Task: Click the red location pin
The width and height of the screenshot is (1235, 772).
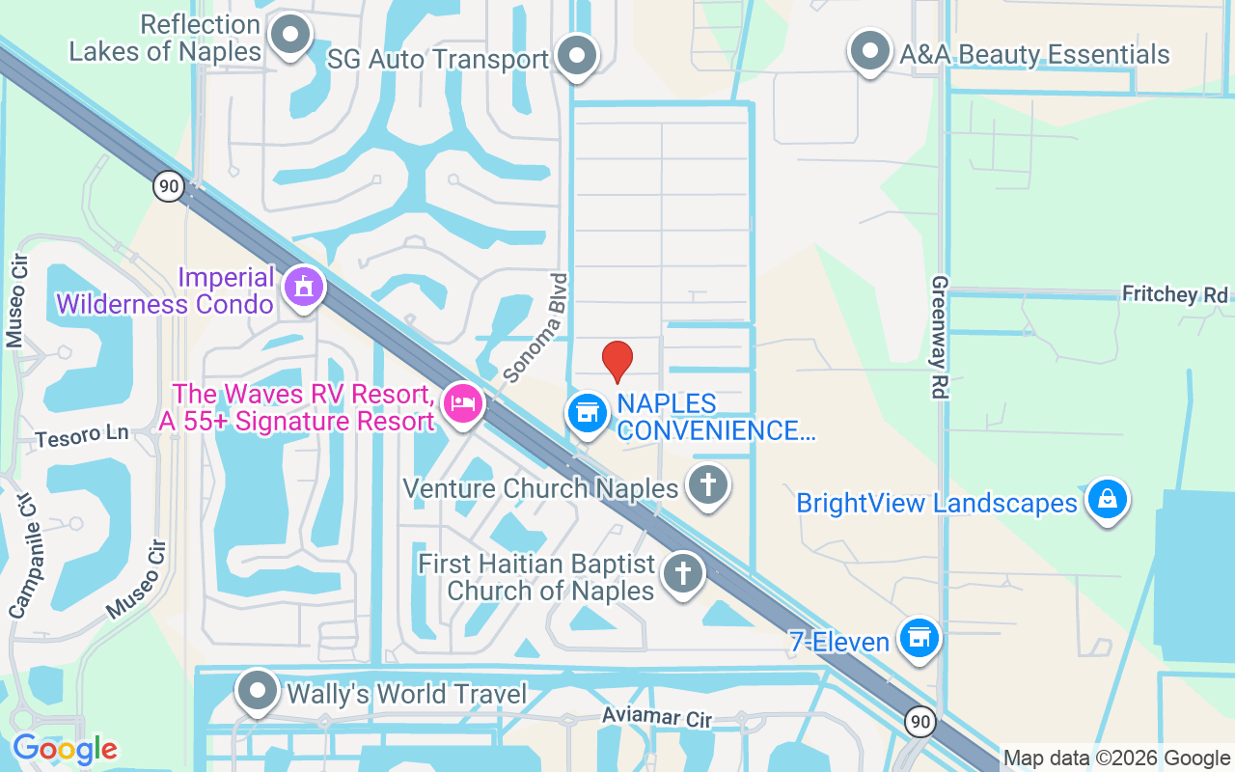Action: (617, 361)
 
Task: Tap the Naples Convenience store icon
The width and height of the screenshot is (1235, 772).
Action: (586, 413)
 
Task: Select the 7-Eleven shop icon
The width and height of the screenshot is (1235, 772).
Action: (919, 638)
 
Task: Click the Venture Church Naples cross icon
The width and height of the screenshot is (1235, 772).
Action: (707, 484)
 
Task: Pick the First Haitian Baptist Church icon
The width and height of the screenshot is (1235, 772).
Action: (682, 573)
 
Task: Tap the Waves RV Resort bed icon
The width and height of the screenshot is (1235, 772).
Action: (463, 403)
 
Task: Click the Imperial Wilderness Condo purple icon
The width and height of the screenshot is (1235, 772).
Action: (304, 286)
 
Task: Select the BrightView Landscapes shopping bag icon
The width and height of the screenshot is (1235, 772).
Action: (1107, 499)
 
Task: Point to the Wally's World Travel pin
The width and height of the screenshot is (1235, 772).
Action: (258, 691)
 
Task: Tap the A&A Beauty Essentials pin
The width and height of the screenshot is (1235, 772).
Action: (869, 50)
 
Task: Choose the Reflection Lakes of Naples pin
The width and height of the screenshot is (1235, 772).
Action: (288, 37)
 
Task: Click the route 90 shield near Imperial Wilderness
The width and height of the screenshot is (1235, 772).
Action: (169, 185)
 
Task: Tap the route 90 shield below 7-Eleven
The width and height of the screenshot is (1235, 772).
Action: (919, 721)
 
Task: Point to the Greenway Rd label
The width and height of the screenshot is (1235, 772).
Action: (940, 337)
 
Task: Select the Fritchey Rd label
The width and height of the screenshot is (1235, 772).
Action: (1175, 294)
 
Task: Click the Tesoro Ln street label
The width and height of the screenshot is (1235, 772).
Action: (82, 437)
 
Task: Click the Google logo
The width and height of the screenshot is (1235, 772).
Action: (65, 749)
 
